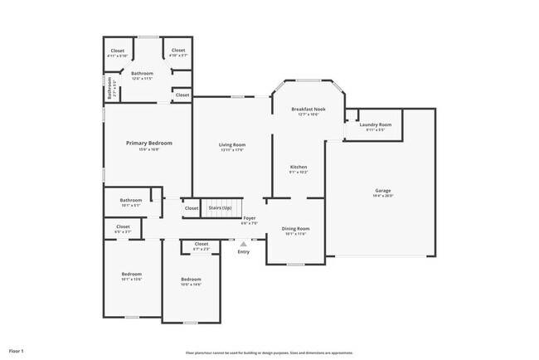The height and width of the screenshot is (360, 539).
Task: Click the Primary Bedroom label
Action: [142, 143]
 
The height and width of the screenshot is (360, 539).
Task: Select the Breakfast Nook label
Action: [308, 109]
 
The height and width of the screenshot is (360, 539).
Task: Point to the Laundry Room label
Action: [375, 124]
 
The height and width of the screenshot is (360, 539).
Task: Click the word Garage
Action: [382, 191]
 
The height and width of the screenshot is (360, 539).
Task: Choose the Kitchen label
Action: [299, 167]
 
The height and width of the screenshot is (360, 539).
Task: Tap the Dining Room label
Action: [296, 228]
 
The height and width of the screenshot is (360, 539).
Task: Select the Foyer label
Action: [249, 217]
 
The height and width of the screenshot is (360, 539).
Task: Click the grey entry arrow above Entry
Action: [243, 245]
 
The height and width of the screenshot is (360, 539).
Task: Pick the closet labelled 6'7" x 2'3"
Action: [201, 246]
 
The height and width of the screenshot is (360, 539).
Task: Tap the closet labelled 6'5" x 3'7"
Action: [123, 229]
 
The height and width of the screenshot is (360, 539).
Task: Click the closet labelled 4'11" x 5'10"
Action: [117, 53]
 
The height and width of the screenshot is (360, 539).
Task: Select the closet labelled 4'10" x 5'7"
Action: [178, 53]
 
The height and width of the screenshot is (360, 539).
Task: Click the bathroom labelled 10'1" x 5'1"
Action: [130, 202]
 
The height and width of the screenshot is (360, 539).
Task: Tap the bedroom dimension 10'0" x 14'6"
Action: [191, 285]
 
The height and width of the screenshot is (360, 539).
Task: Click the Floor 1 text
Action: [17, 352]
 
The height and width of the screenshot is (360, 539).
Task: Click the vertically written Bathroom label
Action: [109, 87]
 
